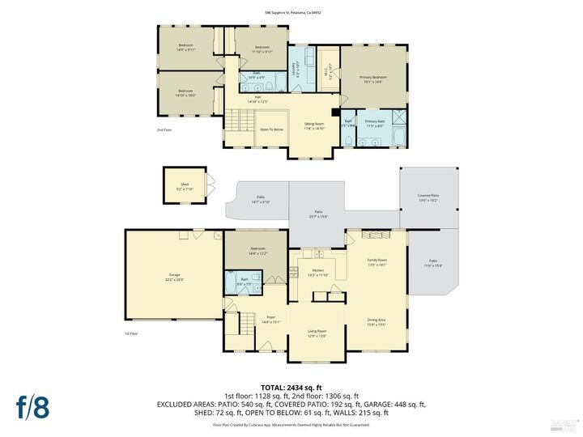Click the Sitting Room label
click(314, 126)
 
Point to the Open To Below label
click(271, 129)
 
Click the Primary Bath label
click(375, 123)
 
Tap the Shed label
click(185, 186)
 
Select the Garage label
click(174, 277)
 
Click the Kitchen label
click(318, 272)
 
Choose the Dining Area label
click(377, 322)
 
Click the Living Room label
click(316, 333)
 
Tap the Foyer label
click(270, 319)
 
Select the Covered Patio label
click(428, 197)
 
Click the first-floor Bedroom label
click(257, 250)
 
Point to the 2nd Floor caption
click(164, 129)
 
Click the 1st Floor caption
click(131, 333)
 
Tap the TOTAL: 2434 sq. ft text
click(291, 388)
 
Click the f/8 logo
click(32, 407)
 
